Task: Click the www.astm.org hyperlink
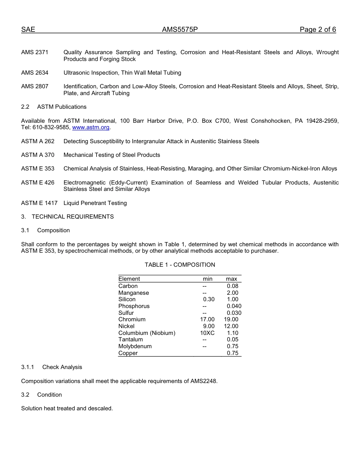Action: [x=91, y=128]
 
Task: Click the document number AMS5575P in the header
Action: [x=180, y=30]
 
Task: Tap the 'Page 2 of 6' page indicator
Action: [x=318, y=30]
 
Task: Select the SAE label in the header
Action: [x=28, y=30]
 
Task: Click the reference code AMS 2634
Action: [x=35, y=73]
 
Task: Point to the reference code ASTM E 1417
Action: [x=39, y=203]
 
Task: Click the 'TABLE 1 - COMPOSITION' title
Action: [x=180, y=265]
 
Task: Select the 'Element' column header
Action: [x=129, y=279]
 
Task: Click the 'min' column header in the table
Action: [x=208, y=279]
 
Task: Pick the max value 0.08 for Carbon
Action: [x=233, y=286]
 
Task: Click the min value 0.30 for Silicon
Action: [x=209, y=299]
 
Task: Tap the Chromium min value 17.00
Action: [x=207, y=319]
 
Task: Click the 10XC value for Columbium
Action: [x=207, y=333]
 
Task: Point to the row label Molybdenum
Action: [x=135, y=346]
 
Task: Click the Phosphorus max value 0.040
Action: [x=234, y=306]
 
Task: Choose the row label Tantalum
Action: [x=131, y=339]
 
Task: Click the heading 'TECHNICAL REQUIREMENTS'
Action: [x=73, y=217]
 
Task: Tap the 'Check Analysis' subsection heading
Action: [x=62, y=367]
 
